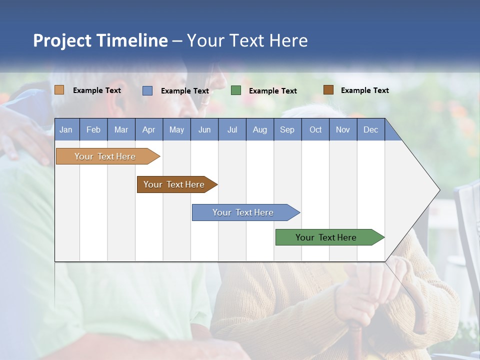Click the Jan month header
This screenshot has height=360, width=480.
tap(66, 129)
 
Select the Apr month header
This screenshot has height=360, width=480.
tap(148, 129)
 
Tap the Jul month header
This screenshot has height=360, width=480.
tap(232, 129)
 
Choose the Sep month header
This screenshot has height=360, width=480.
tap(287, 129)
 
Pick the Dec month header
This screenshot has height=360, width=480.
tap(370, 129)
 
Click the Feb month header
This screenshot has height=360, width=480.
tap(93, 129)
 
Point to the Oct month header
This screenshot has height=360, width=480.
tap(315, 129)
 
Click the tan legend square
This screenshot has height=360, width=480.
tap(59, 90)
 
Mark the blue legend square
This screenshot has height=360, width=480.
tap(147, 90)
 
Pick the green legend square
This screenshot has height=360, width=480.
tap(236, 90)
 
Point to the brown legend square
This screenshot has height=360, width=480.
tap(328, 90)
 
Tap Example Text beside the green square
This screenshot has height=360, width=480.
tap(272, 91)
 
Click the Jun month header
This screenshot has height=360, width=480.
tap(204, 129)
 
